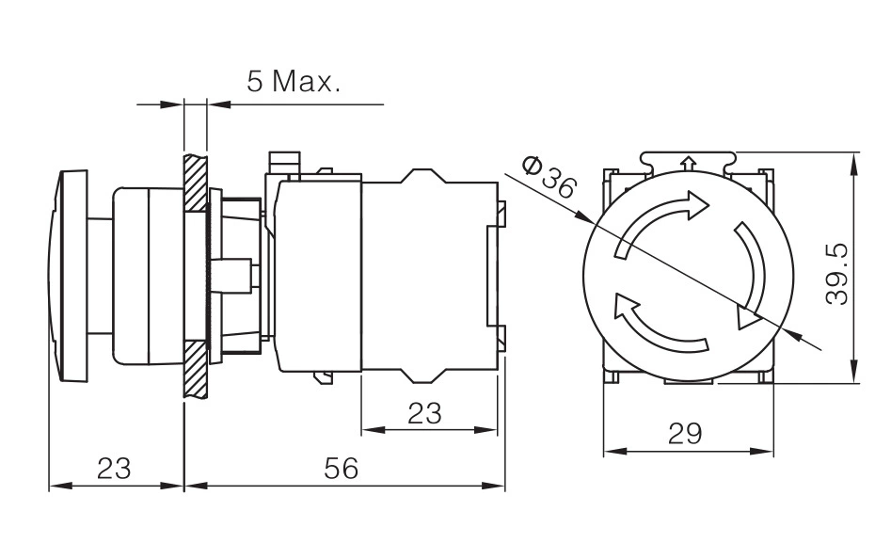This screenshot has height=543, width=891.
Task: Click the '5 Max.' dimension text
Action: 294,81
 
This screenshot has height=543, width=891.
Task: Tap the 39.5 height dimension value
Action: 837,274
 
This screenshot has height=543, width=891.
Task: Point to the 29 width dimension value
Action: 685,434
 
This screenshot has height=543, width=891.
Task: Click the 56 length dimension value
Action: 342,469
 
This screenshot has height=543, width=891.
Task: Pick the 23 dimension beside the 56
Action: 114,469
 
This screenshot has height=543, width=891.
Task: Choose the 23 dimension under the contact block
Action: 424,413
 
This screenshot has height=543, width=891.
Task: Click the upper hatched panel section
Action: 195,182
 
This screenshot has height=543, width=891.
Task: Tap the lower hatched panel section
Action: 195,369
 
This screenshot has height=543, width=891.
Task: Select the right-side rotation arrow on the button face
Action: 751,273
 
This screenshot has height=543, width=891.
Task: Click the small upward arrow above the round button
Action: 688,164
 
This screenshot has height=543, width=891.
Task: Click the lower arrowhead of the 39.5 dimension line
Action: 854,372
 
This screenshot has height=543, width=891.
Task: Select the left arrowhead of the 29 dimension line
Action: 614,452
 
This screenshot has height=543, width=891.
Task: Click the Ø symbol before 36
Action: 533,167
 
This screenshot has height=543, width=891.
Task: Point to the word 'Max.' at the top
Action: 307,81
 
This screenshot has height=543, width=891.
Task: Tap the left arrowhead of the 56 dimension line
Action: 196,486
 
